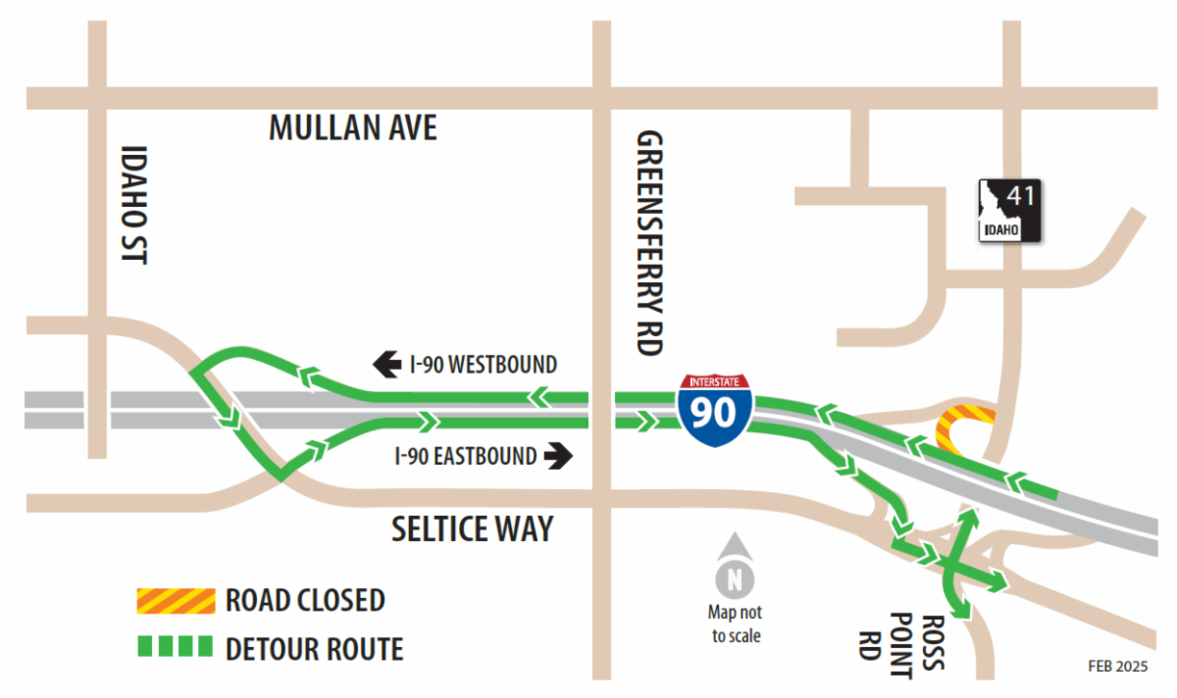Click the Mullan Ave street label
coord(353,127)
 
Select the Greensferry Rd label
coord(649,243)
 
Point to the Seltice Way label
coord(473,529)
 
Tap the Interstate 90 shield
coord(714,409)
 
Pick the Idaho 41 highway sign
coord(1009,210)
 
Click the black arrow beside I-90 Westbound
coord(386,366)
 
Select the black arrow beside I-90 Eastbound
coord(559,456)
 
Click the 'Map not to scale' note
coord(734,623)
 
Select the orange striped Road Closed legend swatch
coord(175,600)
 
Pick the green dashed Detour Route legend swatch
coord(175,647)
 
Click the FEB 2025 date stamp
coord(1117,666)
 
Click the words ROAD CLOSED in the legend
coord(305,600)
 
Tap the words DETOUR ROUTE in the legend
coord(314,648)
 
